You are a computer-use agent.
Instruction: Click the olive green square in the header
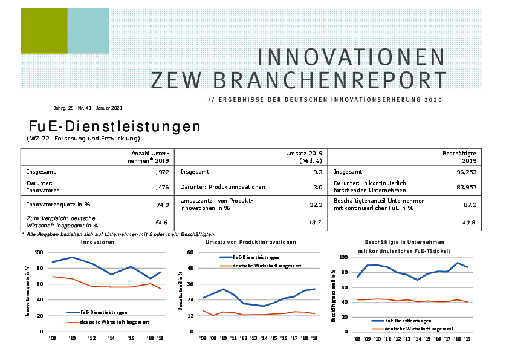(x=44, y=31)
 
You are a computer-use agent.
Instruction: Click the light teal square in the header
(x=88, y=31)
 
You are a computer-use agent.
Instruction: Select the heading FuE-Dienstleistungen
(x=114, y=126)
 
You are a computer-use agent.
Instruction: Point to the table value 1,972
(x=160, y=172)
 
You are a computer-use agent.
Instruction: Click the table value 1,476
(x=160, y=188)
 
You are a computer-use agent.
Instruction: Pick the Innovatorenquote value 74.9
(x=162, y=205)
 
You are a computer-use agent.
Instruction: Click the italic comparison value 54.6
(x=161, y=222)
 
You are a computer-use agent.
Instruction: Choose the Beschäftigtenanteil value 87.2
(x=470, y=205)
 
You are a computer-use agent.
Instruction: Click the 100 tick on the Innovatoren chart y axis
(x=39, y=252)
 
